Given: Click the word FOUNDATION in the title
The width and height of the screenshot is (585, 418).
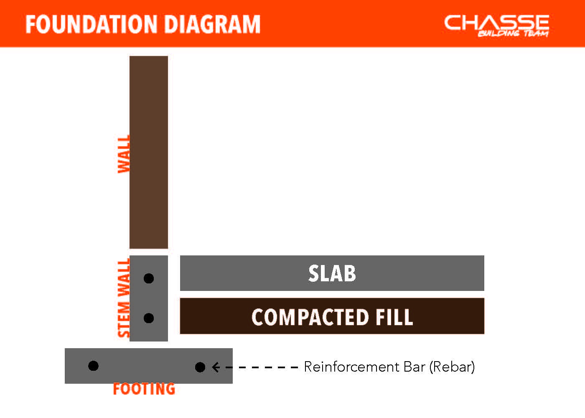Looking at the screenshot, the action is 92,24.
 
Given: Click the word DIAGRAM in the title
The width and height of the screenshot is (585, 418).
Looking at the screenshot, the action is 213,24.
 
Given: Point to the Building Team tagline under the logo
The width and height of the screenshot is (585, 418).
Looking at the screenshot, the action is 513,33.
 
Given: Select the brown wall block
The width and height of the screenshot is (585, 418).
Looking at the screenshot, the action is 149,152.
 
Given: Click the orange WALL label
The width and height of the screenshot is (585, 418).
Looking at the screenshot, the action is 124,154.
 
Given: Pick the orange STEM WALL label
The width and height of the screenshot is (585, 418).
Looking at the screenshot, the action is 124,298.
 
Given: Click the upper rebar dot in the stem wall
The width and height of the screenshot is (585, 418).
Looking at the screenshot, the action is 149,278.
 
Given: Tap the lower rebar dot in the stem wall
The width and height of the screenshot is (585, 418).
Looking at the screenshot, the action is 149,318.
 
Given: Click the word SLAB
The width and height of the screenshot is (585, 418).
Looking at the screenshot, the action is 332,273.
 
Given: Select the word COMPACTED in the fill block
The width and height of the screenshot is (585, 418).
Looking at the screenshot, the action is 310,317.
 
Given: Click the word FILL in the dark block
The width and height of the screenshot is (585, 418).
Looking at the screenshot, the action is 394,317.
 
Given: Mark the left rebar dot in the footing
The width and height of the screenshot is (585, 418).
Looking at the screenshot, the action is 94,366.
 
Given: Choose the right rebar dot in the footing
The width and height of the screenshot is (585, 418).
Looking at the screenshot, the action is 200,367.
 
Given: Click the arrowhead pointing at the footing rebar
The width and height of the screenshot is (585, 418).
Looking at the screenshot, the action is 216,367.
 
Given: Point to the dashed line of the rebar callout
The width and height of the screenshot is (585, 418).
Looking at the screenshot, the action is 259,367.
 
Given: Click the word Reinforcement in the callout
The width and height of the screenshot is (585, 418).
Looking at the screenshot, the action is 352,367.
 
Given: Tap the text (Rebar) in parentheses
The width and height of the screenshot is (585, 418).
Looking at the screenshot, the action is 452,367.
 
